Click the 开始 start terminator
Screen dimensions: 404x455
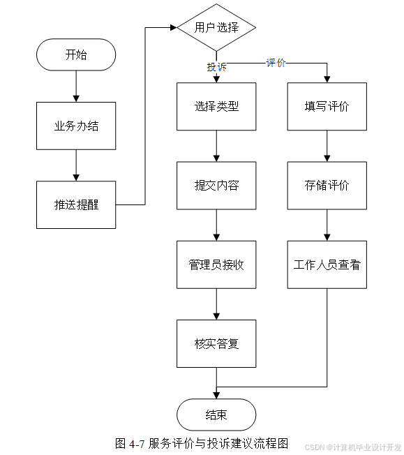point(76,54)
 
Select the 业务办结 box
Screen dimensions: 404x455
point(76,126)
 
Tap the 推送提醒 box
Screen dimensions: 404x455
point(76,205)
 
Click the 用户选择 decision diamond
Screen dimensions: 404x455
point(216,28)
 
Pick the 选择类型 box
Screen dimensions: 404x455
point(216,107)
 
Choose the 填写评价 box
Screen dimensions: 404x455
point(327,107)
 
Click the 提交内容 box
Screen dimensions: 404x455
point(216,186)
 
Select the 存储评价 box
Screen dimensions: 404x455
point(327,186)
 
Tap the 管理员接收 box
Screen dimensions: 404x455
point(216,264)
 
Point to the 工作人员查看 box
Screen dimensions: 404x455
point(327,264)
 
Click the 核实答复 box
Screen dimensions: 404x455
point(216,343)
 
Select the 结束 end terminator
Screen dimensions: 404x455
point(216,415)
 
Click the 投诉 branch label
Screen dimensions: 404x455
point(216,67)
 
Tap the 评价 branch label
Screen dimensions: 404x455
point(276,63)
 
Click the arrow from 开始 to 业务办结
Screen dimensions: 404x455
point(76,86)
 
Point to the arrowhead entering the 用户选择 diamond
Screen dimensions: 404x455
point(174,28)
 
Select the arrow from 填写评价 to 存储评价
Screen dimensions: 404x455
point(327,146)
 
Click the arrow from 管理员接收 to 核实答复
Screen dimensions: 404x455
point(216,304)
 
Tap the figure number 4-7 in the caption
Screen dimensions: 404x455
point(137,444)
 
